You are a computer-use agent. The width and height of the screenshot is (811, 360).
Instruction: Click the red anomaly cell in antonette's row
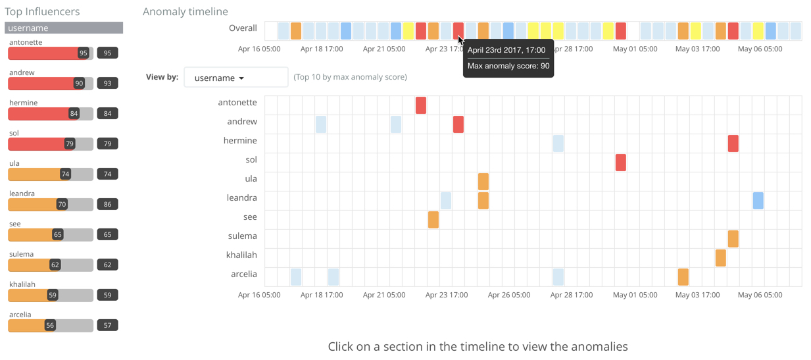pyautogui.click(x=421, y=105)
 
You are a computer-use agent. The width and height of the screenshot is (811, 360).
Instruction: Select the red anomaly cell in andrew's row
pyautogui.click(x=458, y=124)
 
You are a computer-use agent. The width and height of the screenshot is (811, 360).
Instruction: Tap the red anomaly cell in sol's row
pyautogui.click(x=620, y=162)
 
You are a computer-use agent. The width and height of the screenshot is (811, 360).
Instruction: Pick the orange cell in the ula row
pyautogui.click(x=483, y=181)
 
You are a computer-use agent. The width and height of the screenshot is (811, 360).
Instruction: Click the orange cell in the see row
pyautogui.click(x=433, y=219)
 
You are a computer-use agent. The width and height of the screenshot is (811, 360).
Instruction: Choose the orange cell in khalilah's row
pyautogui.click(x=720, y=257)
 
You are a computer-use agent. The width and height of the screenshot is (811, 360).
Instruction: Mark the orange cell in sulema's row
pyautogui.click(x=733, y=238)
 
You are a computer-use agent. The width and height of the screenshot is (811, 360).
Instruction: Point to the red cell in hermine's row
pyautogui.click(x=733, y=143)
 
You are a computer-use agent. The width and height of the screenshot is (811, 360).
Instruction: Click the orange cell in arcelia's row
pyautogui.click(x=683, y=276)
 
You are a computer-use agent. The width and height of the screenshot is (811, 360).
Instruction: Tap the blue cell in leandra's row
pyautogui.click(x=758, y=200)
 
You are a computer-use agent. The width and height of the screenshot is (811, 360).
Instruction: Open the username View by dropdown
pyautogui.click(x=236, y=78)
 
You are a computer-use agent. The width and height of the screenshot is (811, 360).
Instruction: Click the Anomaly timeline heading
pyautogui.click(x=185, y=12)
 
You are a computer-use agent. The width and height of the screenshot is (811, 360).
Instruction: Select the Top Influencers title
pyautogui.click(x=42, y=12)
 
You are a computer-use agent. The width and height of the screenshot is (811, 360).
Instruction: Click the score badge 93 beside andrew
pyautogui.click(x=107, y=84)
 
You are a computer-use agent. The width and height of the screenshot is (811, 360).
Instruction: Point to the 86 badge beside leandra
pyautogui.click(x=107, y=205)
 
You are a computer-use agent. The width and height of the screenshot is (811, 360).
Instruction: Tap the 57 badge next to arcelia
pyautogui.click(x=107, y=326)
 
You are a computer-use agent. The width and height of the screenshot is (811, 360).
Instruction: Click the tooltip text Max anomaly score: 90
pyautogui.click(x=508, y=66)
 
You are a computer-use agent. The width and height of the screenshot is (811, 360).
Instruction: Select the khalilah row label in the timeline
pyautogui.click(x=241, y=255)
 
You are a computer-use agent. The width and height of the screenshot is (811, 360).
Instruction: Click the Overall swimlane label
pyautogui.click(x=243, y=28)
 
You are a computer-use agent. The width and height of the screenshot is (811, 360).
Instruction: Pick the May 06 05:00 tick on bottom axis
pyautogui.click(x=760, y=295)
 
